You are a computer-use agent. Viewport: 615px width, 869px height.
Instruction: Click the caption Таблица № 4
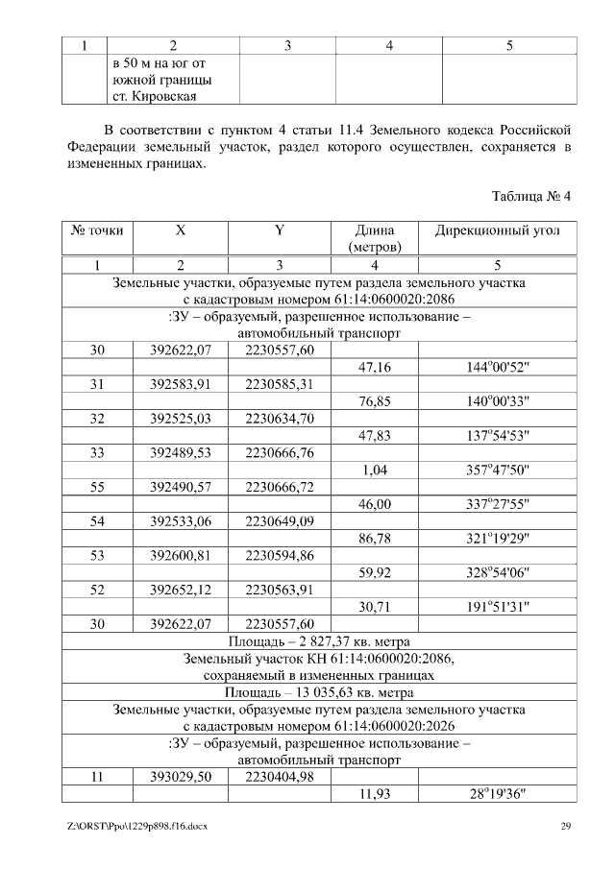coord(530,196)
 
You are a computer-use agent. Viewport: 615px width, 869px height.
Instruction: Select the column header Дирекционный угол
coord(498,231)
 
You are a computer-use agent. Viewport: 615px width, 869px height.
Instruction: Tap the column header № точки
coord(97,231)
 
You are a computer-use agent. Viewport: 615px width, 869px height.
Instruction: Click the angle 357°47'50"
coord(498,470)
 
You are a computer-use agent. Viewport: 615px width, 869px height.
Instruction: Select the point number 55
coord(97,487)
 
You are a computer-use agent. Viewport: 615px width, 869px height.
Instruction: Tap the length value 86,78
coord(374,539)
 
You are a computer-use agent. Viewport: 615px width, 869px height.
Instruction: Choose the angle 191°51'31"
coord(498,607)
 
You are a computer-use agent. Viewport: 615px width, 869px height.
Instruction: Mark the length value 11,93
coord(374,794)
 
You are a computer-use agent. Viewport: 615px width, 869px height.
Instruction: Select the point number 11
coord(97,777)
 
